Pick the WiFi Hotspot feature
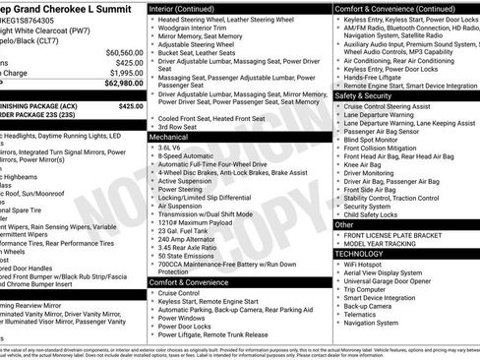point(366,266)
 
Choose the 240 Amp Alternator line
point(187,238)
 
